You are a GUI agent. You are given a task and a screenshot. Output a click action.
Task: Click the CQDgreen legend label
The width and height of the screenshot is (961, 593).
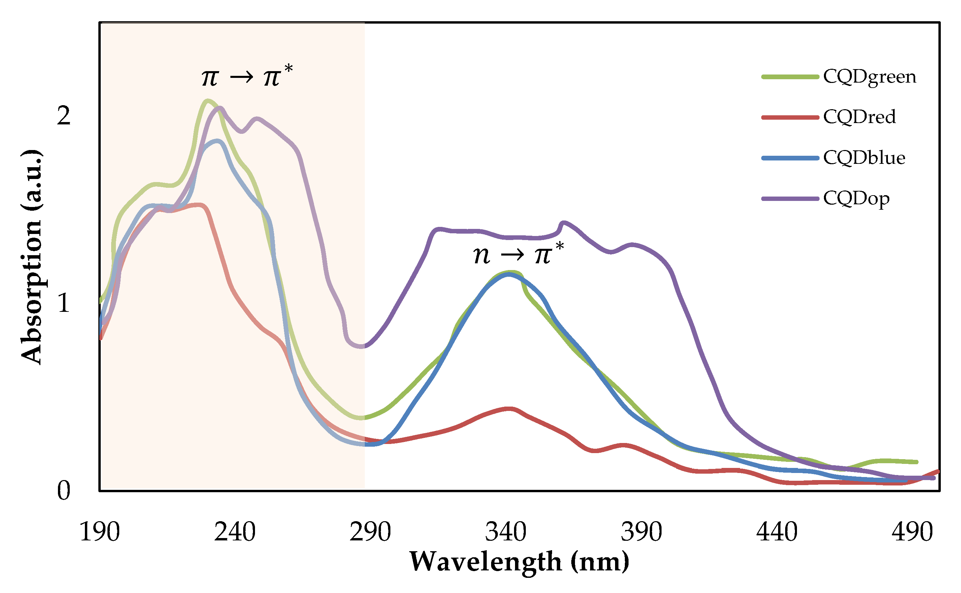coord(869,77)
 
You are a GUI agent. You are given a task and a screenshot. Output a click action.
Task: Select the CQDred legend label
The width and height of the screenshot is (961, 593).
coord(859,117)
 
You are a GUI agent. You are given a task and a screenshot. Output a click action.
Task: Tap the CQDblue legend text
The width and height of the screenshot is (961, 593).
coord(864,158)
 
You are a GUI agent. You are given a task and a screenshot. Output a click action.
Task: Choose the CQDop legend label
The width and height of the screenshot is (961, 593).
coord(856,199)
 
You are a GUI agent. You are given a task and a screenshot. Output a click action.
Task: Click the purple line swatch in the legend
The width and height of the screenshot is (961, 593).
coord(790,199)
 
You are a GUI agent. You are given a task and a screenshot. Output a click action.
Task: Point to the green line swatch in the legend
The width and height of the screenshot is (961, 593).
coord(790,77)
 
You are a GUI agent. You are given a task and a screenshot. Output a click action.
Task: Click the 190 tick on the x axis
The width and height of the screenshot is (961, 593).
coord(99,532)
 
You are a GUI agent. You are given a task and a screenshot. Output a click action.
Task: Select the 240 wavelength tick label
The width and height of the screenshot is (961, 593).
coord(235,532)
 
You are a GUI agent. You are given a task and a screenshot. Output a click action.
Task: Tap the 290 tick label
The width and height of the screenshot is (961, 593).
coord(370,532)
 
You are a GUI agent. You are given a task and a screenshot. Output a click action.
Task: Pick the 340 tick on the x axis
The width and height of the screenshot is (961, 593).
coord(506,532)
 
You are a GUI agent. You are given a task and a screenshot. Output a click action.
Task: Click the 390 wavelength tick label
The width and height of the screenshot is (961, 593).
coord(641,532)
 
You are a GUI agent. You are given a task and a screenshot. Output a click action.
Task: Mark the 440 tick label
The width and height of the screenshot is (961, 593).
coord(777,532)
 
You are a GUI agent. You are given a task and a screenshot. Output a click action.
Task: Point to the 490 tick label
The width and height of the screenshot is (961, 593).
coord(912,532)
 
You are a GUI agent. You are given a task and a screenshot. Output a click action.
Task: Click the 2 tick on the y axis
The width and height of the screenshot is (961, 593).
coord(64,116)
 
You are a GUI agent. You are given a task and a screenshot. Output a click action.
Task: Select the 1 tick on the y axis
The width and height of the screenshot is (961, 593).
coord(64,303)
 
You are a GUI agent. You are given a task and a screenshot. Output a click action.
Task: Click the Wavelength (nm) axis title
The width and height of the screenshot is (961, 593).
coord(519,562)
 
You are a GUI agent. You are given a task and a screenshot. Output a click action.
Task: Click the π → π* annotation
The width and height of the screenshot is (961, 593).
coord(247,76)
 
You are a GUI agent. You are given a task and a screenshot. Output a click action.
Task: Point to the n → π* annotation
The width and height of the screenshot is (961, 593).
coord(518,254)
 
